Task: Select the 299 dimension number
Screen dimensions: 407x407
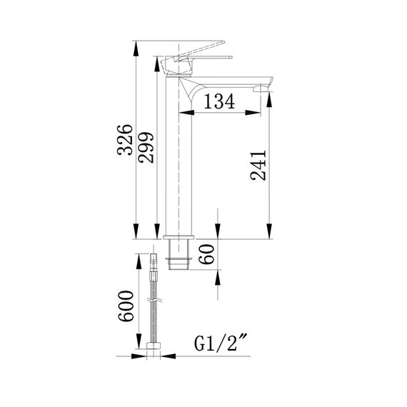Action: (x=146, y=148)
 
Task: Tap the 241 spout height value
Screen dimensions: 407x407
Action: (x=258, y=166)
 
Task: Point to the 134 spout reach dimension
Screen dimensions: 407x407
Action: (x=219, y=102)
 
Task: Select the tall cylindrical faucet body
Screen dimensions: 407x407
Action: (x=181, y=164)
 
